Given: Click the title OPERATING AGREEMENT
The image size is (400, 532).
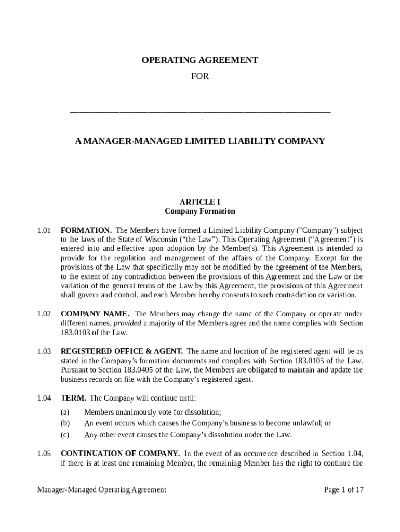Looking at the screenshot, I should click(x=199, y=60).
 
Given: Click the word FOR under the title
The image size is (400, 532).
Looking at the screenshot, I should click(x=199, y=76).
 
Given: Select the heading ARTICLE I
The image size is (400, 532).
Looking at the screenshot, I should click(x=199, y=202).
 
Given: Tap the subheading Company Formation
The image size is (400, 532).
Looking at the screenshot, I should click(x=199, y=211).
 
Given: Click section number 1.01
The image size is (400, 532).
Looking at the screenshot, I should click(x=44, y=230).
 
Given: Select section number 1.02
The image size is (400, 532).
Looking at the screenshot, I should click(x=44, y=314).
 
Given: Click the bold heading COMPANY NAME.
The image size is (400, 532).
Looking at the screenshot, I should click(x=96, y=314).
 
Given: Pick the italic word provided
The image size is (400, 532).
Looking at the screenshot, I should click(x=127, y=323).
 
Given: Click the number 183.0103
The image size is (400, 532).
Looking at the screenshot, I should click(x=76, y=332).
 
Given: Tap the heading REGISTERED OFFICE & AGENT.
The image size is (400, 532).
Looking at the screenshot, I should click(x=122, y=351).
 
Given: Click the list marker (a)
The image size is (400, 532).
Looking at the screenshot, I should click(x=65, y=412).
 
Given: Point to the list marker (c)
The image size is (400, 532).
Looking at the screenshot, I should click(x=65, y=435).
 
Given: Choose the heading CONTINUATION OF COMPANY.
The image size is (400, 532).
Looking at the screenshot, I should click(x=121, y=454).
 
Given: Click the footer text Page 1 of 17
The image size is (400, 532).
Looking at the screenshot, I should click(x=343, y=489).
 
